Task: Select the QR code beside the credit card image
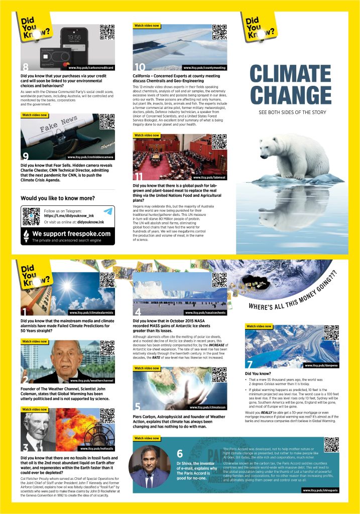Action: [x=107, y=32]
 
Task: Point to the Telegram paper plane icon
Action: [x=107, y=212]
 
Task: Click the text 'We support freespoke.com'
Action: [x=71, y=234]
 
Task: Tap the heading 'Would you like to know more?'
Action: [x=57, y=198]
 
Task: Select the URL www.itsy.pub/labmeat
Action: [x=208, y=178]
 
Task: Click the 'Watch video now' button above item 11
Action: [x=147, y=136]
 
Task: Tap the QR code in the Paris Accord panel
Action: [x=331, y=445]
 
